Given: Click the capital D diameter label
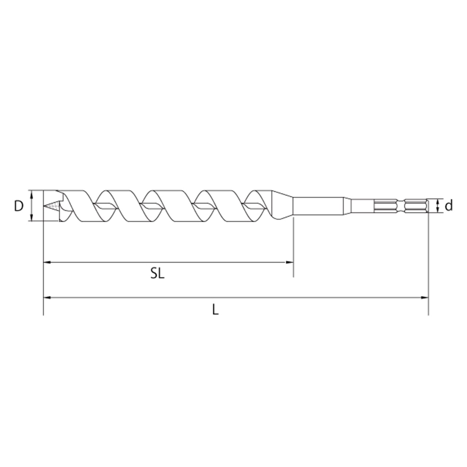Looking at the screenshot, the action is pyautogui.click(x=19, y=206).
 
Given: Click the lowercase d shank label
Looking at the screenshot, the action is pyautogui.click(x=449, y=205).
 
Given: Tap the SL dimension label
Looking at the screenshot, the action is pyautogui.click(x=158, y=274).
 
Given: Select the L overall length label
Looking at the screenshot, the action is pyautogui.click(x=216, y=309).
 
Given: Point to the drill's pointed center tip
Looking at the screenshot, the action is pyautogui.click(x=45, y=206).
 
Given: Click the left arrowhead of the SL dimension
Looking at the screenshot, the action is pyautogui.click(x=47, y=262).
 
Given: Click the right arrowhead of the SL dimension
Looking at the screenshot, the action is pyautogui.click(x=290, y=262).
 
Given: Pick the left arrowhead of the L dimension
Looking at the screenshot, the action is pyautogui.click(x=47, y=298).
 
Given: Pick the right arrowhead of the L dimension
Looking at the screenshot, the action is pyautogui.click(x=425, y=298).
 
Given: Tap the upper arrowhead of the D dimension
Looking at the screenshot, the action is pyautogui.click(x=31, y=193).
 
